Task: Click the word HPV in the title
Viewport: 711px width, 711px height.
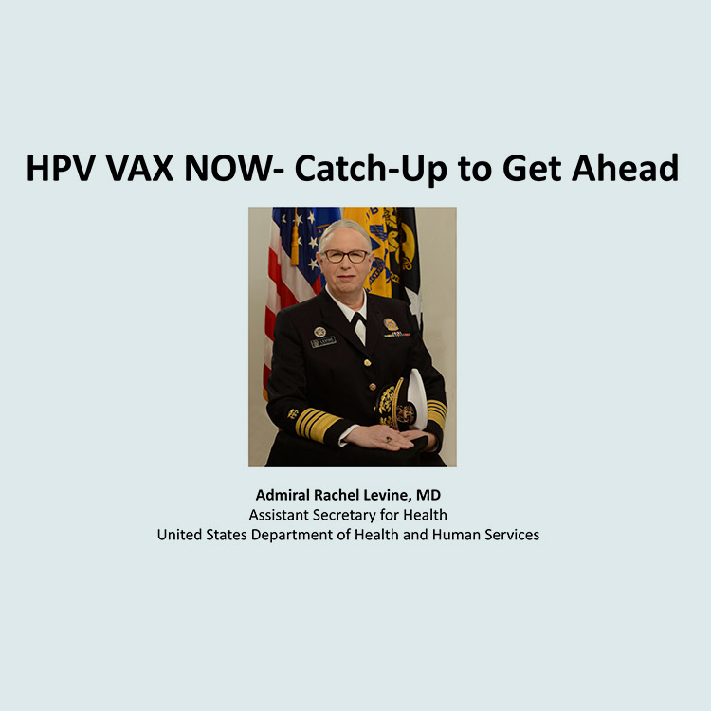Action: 61,168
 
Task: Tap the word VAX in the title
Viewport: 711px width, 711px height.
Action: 139,168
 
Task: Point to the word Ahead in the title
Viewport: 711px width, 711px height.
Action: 625,167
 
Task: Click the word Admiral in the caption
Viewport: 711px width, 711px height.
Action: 283,495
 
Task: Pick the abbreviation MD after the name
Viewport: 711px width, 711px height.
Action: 428,495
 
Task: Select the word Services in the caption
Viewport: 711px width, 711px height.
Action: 512,535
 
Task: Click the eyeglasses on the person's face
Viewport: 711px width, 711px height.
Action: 346,256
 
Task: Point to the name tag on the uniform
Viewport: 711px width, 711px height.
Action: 323,342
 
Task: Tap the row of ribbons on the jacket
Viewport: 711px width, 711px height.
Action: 397,335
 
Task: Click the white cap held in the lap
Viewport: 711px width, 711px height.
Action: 416,398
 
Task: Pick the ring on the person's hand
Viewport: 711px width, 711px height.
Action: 389,439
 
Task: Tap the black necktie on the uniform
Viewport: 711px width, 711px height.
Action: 358,320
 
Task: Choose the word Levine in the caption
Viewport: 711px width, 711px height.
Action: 387,495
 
